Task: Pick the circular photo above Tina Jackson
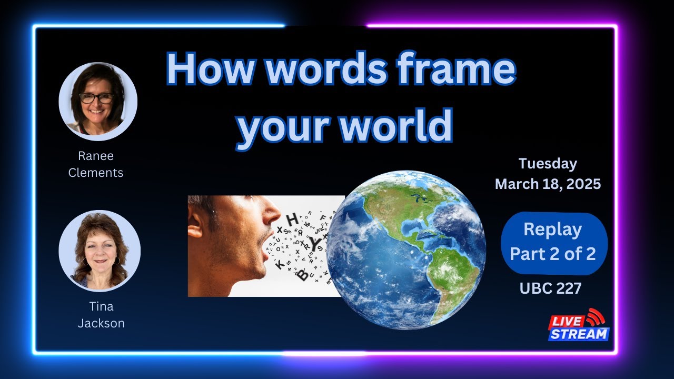tap(100, 251)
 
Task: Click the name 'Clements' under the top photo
tap(96, 172)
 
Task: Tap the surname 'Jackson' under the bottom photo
tap(101, 323)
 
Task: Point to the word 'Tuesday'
tap(548, 163)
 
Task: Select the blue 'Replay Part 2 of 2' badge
tap(553, 243)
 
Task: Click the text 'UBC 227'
tap(550, 288)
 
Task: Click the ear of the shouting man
tap(195, 224)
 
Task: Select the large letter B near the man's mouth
tap(304, 275)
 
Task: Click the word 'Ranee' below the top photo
tap(96, 156)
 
